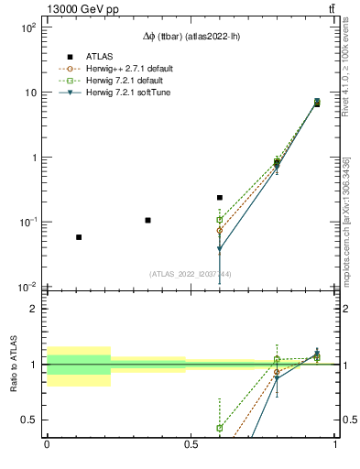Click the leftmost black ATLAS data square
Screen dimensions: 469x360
[79, 237]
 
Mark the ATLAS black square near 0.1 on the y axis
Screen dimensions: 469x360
[147, 220]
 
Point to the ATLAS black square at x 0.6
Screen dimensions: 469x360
[220, 198]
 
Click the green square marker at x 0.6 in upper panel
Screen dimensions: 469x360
[220, 220]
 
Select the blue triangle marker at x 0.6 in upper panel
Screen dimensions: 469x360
[220, 249]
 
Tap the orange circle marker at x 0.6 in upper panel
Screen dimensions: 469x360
[220, 231]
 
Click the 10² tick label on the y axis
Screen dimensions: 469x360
[27, 28]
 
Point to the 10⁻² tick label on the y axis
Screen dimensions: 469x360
[27, 288]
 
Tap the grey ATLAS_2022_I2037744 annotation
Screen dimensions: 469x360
[191, 274]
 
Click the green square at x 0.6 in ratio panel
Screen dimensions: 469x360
[220, 428]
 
